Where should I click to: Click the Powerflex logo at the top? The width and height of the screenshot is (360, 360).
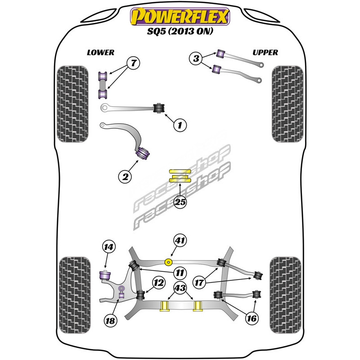click(x=180, y=18)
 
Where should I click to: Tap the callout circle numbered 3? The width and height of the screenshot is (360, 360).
click(x=195, y=58)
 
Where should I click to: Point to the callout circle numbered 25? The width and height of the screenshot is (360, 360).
click(x=180, y=202)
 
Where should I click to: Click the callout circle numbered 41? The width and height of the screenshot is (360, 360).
click(x=180, y=241)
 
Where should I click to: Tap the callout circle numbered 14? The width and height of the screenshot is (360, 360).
click(x=108, y=247)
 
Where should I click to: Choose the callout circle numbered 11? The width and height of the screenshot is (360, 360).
click(x=180, y=272)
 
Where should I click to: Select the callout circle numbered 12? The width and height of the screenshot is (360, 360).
click(x=158, y=283)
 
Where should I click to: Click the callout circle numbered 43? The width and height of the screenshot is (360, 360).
click(x=180, y=288)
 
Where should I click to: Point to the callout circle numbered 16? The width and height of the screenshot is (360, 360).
click(x=252, y=318)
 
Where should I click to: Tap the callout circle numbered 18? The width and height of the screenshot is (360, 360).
click(x=109, y=320)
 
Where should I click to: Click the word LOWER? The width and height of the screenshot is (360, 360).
click(x=100, y=52)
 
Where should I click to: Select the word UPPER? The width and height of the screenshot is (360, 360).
click(x=265, y=52)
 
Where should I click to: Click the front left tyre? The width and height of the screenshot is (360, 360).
click(x=72, y=104)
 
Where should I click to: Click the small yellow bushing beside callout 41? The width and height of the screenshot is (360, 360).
click(x=169, y=261)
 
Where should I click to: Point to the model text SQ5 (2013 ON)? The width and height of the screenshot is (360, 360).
click(x=180, y=32)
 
